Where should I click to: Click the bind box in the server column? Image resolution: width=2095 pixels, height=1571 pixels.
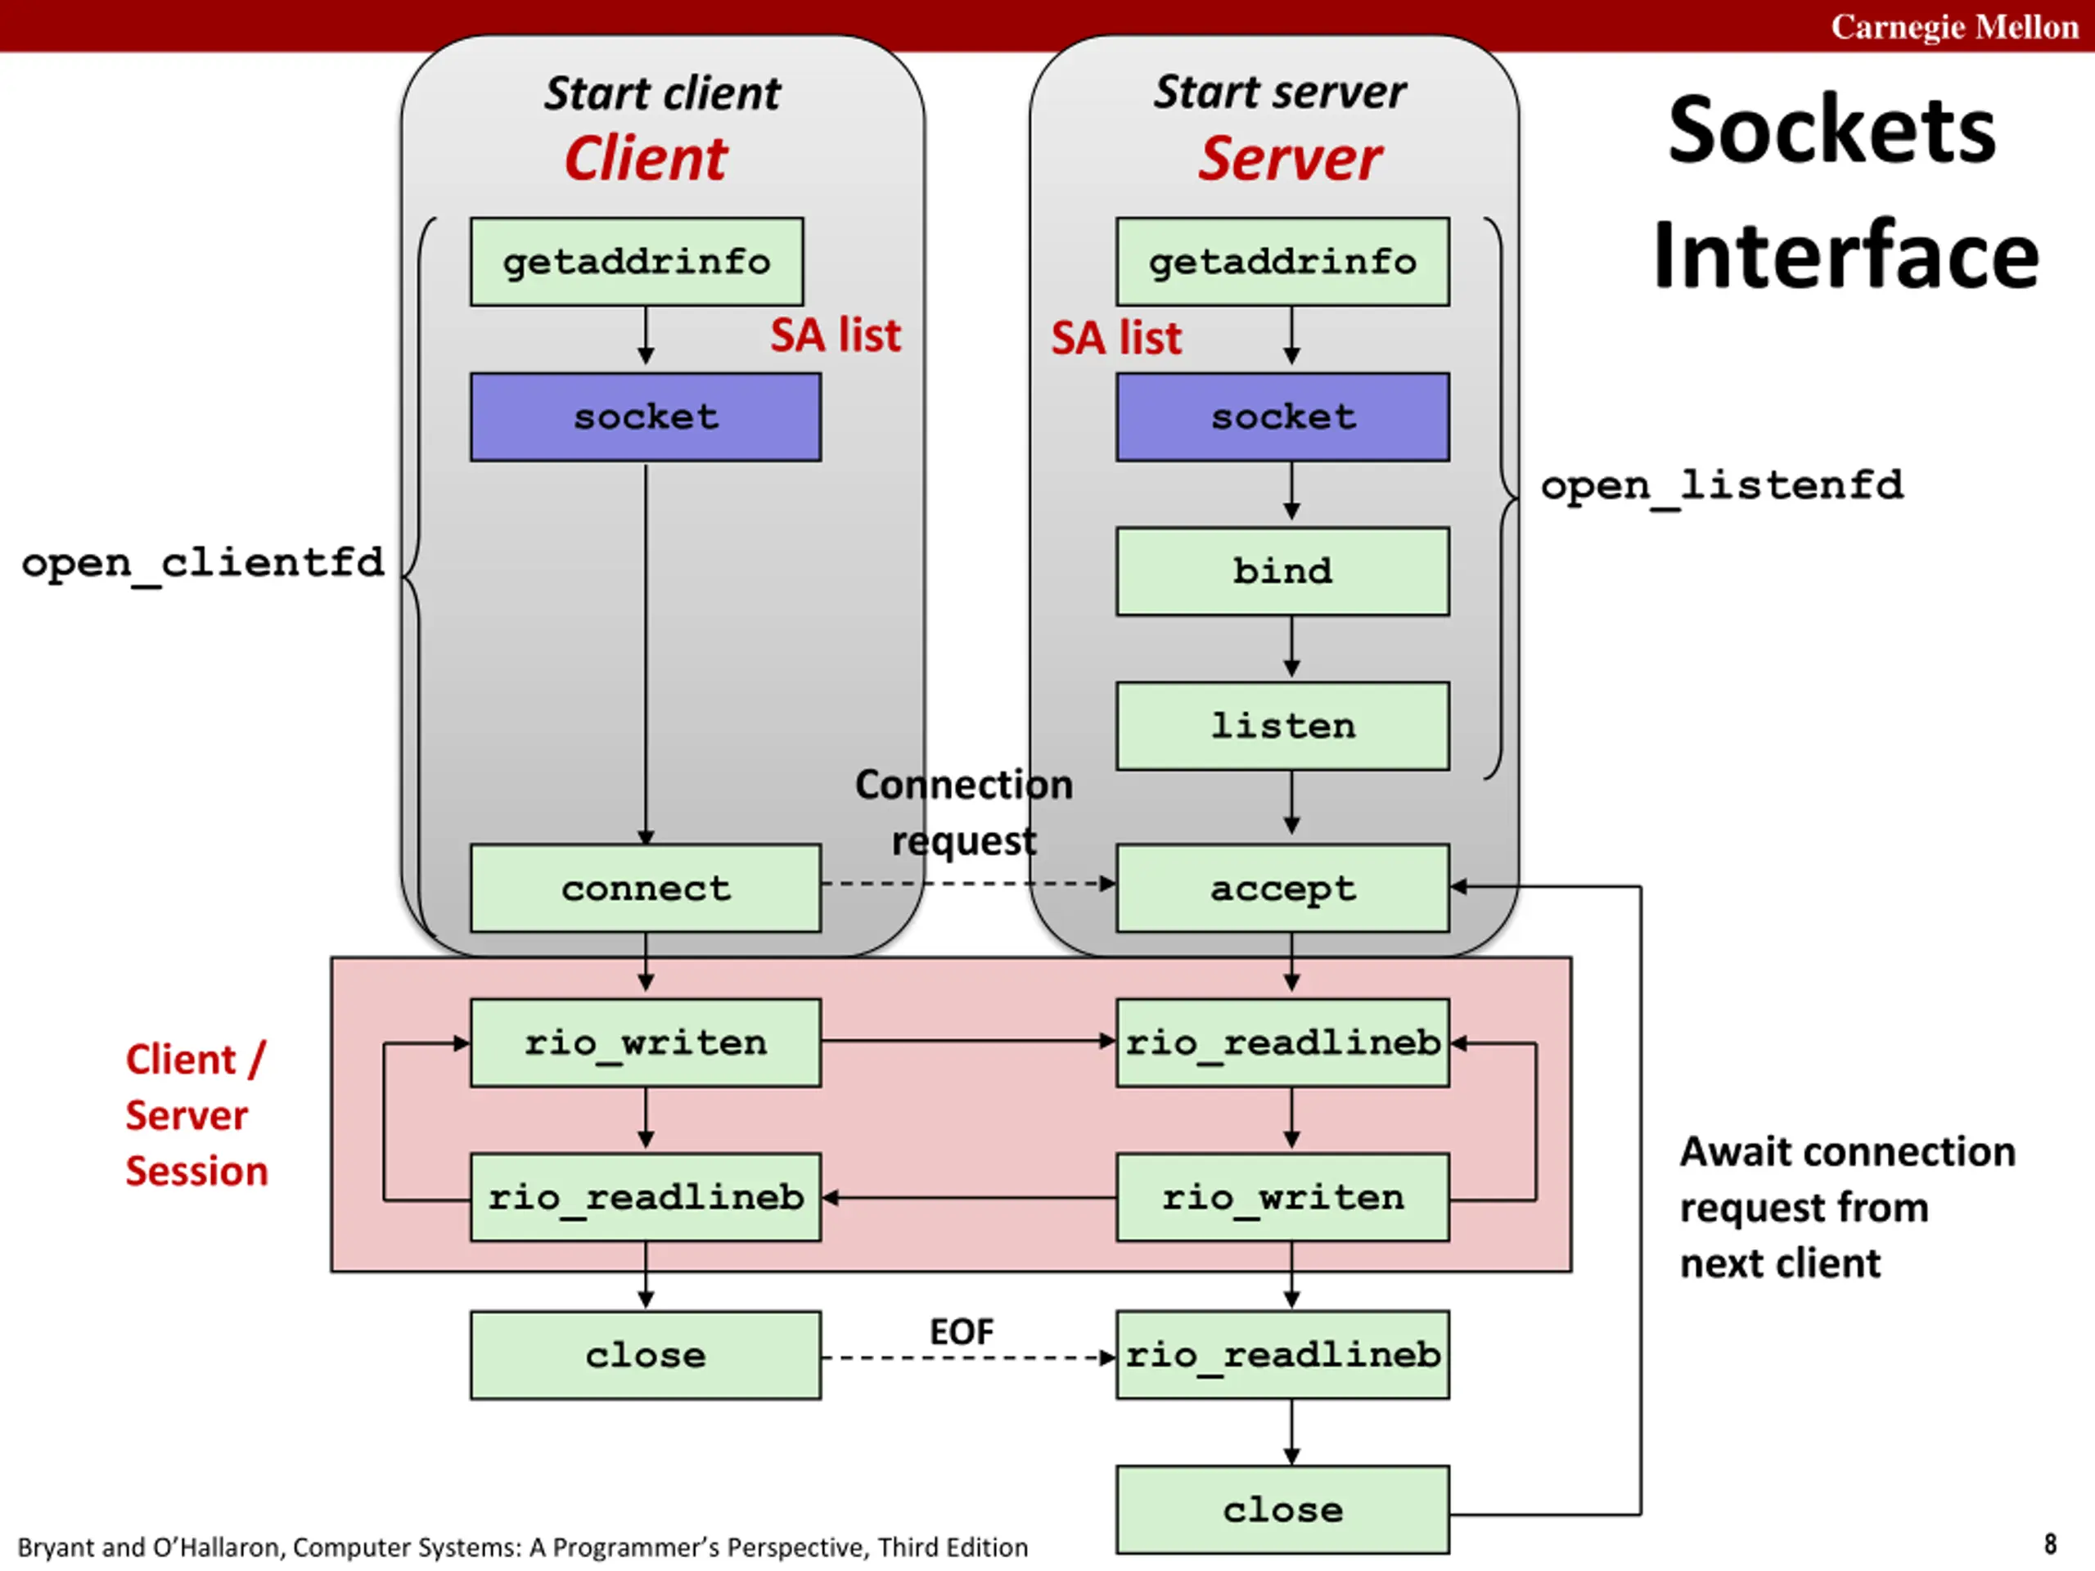click(x=1282, y=571)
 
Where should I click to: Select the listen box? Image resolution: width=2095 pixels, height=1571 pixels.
click(x=1282, y=726)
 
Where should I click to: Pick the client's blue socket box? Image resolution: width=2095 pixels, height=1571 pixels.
click(x=646, y=416)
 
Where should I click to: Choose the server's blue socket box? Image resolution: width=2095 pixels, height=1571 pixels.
click(x=1282, y=416)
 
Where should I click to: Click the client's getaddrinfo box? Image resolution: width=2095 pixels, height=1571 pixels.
click(x=637, y=261)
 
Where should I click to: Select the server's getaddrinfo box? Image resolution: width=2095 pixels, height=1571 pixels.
click(x=1282, y=261)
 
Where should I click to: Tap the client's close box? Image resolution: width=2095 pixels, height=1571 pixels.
click(x=646, y=1355)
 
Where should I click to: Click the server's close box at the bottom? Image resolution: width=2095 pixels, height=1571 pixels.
click(x=1282, y=1510)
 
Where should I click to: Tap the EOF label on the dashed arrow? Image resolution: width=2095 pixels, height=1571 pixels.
click(x=962, y=1332)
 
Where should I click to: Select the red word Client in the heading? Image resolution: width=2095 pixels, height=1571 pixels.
click(x=646, y=158)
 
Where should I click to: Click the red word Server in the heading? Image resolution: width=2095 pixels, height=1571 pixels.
click(x=1290, y=158)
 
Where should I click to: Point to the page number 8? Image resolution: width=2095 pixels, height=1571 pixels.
click(x=2049, y=1545)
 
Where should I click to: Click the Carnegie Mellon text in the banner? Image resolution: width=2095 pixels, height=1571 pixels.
click(x=1954, y=26)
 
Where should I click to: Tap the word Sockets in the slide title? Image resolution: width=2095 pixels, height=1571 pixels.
click(x=1831, y=130)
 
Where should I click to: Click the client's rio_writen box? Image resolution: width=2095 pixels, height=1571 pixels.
click(x=646, y=1042)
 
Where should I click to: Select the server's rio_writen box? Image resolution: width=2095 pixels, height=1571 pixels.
click(x=1282, y=1197)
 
